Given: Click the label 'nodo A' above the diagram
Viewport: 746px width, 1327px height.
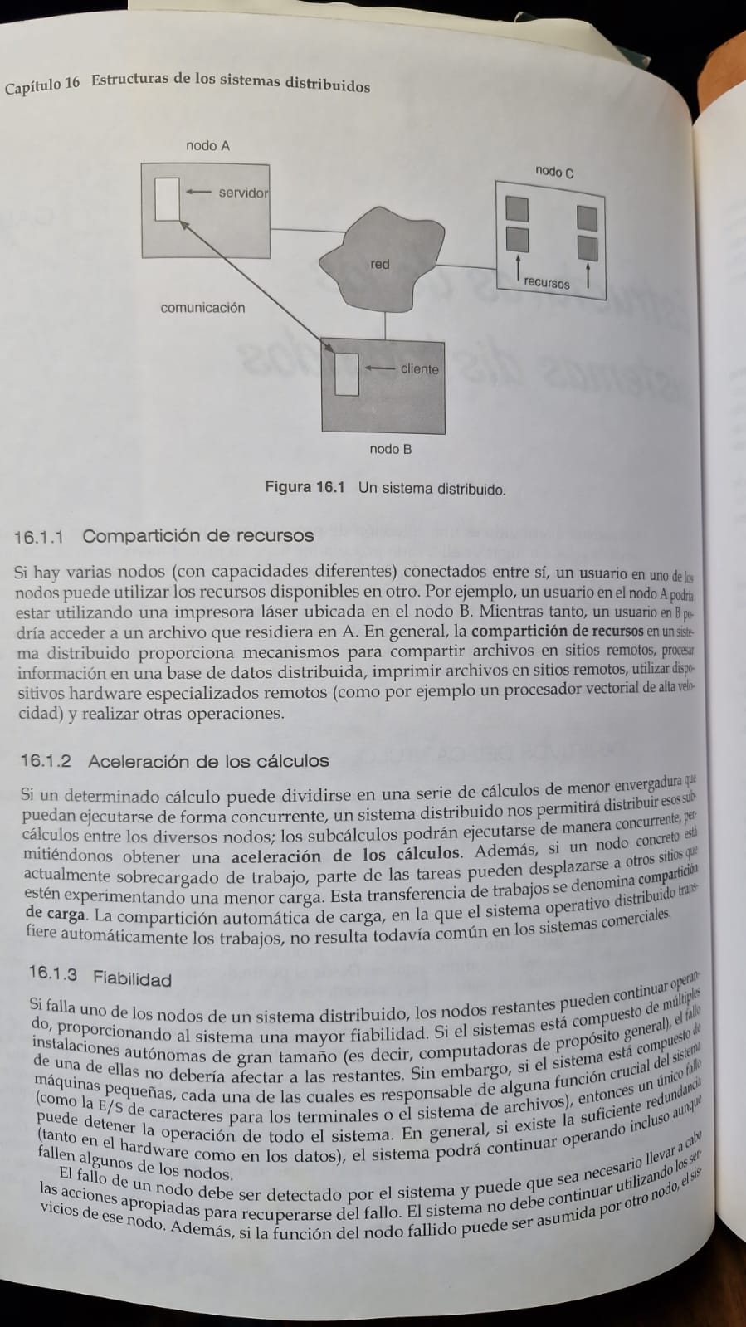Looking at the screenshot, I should click(x=207, y=146).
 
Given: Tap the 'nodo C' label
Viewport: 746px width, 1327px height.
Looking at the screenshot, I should click(x=554, y=172).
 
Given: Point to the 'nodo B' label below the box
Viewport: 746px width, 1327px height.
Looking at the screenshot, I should click(x=390, y=449).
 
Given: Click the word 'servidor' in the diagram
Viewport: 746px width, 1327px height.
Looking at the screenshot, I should click(x=243, y=193).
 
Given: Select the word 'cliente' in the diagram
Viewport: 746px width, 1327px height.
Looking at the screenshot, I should click(x=419, y=369).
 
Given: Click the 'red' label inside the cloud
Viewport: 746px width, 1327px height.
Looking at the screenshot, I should click(x=380, y=264).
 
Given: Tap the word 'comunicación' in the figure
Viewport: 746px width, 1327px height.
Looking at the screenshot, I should click(x=202, y=308).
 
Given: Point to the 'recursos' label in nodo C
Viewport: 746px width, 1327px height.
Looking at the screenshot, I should click(x=547, y=282).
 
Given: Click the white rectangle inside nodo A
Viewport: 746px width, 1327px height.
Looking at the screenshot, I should click(x=168, y=199).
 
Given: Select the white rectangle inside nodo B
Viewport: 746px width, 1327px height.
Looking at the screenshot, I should click(x=347, y=374).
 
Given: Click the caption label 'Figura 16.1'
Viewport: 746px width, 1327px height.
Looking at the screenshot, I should click(x=304, y=487).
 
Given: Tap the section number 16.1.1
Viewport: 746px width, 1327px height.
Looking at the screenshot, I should click(x=39, y=537).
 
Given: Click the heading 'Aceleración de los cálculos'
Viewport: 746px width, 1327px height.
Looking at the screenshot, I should click(x=208, y=761).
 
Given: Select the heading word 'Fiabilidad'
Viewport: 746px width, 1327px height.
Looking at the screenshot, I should click(x=132, y=978).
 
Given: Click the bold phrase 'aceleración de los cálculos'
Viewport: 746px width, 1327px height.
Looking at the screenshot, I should click(x=344, y=855).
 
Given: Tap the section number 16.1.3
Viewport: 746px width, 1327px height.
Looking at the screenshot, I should click(x=53, y=973).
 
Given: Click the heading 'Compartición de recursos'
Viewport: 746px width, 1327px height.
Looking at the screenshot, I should click(x=197, y=536).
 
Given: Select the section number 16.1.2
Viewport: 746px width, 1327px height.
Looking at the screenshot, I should click(x=46, y=761).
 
